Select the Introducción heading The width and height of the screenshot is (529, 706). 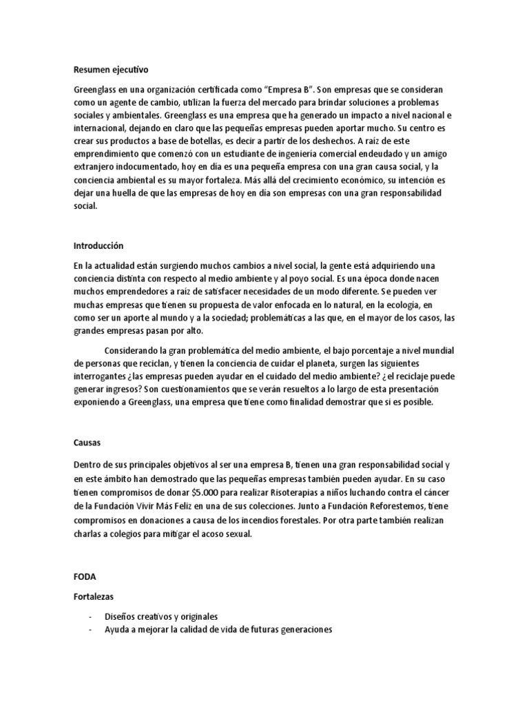(x=98, y=245)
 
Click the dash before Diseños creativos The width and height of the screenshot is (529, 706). (x=81, y=616)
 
